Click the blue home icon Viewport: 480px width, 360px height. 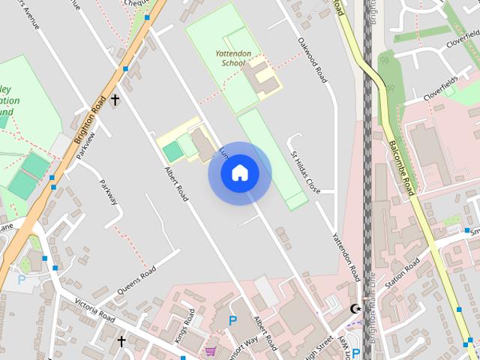tap(239, 173)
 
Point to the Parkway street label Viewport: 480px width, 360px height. tap(108, 192)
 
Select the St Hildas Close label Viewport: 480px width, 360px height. tap(305, 171)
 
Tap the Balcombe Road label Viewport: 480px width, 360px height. tap(401, 169)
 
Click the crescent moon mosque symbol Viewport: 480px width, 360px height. tap(355, 308)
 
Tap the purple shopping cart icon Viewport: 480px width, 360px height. tap(210, 351)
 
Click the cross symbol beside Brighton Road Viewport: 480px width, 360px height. tap(115, 99)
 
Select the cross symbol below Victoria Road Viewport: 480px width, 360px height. tap(121, 341)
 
